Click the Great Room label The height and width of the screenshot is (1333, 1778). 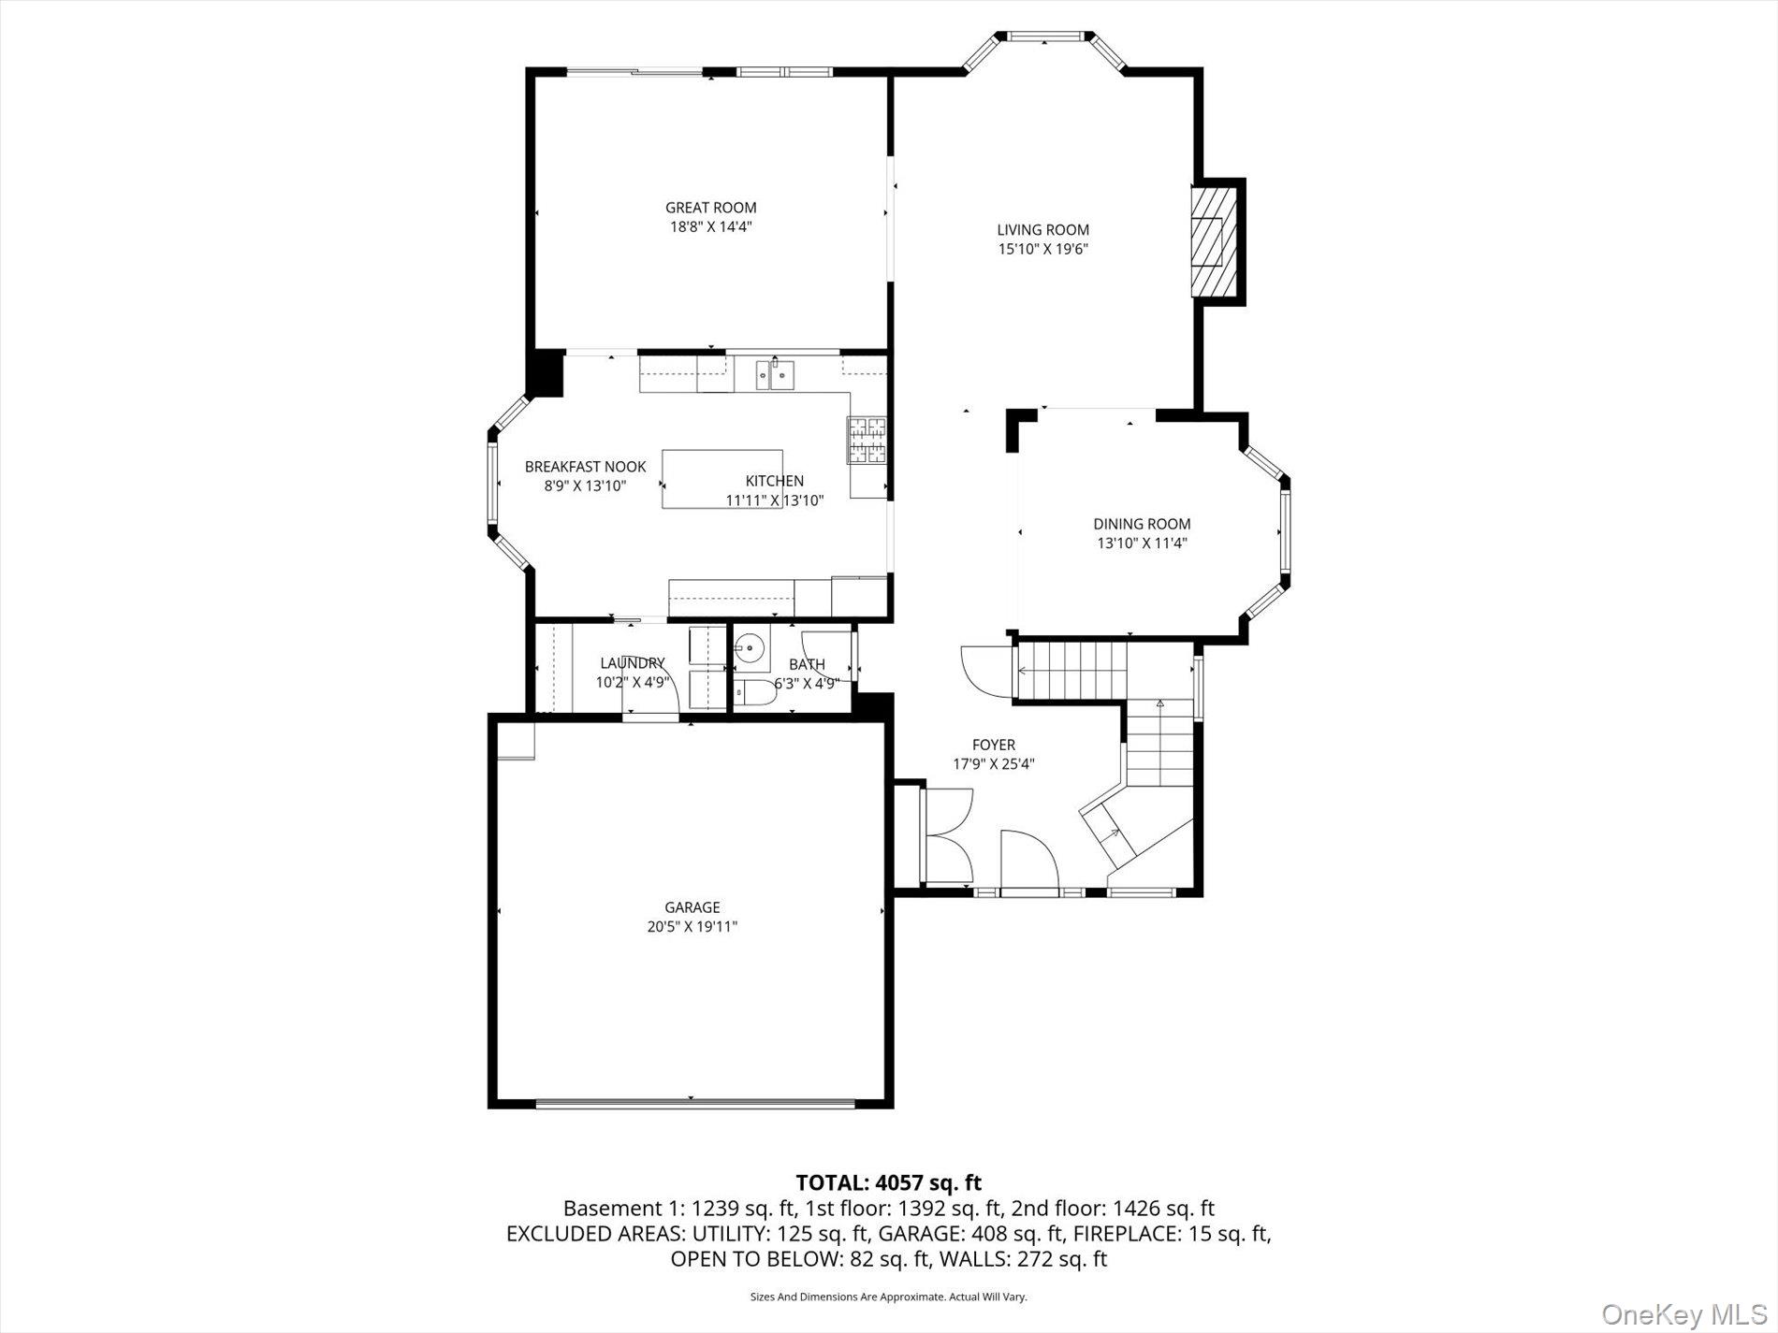click(711, 208)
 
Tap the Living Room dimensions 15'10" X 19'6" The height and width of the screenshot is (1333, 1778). click(1042, 249)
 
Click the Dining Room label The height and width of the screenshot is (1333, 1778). click(1142, 524)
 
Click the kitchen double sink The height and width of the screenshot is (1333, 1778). click(774, 374)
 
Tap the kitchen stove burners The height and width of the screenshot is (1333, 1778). click(867, 441)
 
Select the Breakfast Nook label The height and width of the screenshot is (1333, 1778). click(585, 467)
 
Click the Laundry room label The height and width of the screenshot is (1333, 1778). click(633, 663)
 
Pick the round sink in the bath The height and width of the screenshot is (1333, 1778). click(750, 646)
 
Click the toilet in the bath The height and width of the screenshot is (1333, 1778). click(754, 693)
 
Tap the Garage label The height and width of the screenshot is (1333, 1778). click(692, 907)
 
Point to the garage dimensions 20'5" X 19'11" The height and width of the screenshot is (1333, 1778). click(692, 927)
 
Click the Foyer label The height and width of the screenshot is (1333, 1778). click(994, 745)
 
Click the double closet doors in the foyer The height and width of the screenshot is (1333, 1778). click(949, 835)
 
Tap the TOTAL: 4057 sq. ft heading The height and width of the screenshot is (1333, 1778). click(889, 1183)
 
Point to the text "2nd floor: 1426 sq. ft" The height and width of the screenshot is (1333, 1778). click(1114, 1209)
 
